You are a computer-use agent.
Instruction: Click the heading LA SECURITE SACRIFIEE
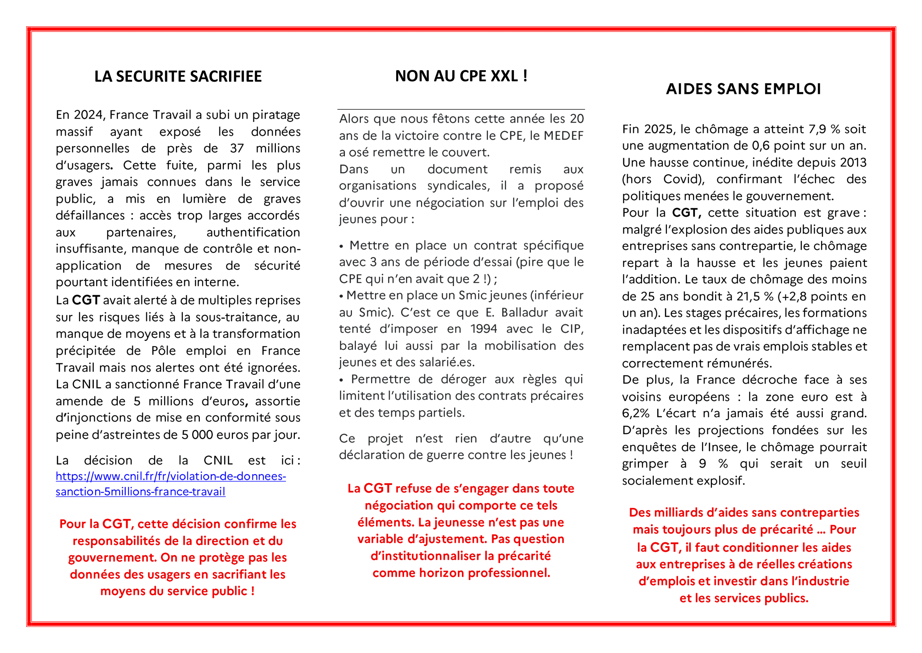point(178,77)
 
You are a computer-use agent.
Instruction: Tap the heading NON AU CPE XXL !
point(461,76)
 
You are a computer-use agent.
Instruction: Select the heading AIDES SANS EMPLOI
point(743,89)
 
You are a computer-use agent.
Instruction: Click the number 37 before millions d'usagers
point(237,148)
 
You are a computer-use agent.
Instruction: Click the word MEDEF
point(563,135)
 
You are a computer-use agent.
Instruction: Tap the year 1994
point(484,329)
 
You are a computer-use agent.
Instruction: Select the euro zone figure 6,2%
point(636,414)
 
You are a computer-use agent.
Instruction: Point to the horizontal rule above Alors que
point(461,109)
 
